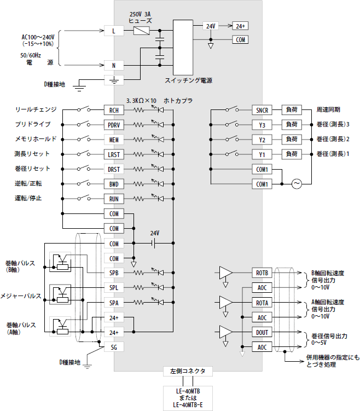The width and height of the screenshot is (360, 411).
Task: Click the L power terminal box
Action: point(114,31)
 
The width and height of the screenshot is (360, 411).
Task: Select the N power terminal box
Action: point(114,66)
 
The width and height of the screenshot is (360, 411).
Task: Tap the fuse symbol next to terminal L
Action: point(142,31)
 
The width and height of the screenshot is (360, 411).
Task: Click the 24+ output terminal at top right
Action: point(240,26)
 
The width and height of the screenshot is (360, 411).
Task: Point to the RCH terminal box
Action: point(114,110)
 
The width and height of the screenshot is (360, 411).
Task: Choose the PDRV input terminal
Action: point(114,125)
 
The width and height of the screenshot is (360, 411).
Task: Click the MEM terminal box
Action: point(114,140)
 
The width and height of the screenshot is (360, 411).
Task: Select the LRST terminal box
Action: point(114,154)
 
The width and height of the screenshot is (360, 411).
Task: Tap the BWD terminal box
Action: point(114,184)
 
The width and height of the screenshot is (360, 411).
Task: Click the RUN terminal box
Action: point(114,199)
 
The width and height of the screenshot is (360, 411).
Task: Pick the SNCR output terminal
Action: point(262,110)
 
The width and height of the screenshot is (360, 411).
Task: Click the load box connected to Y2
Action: point(291,140)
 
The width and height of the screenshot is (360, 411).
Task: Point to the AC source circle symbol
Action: point(298,184)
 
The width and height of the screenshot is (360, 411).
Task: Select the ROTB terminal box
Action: point(262,273)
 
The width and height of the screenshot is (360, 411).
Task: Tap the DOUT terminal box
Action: point(262,332)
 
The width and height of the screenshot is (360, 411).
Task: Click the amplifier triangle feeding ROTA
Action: point(225,302)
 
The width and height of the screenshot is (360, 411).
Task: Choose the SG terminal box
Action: point(114,347)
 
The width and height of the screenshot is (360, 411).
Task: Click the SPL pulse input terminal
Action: point(114,287)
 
